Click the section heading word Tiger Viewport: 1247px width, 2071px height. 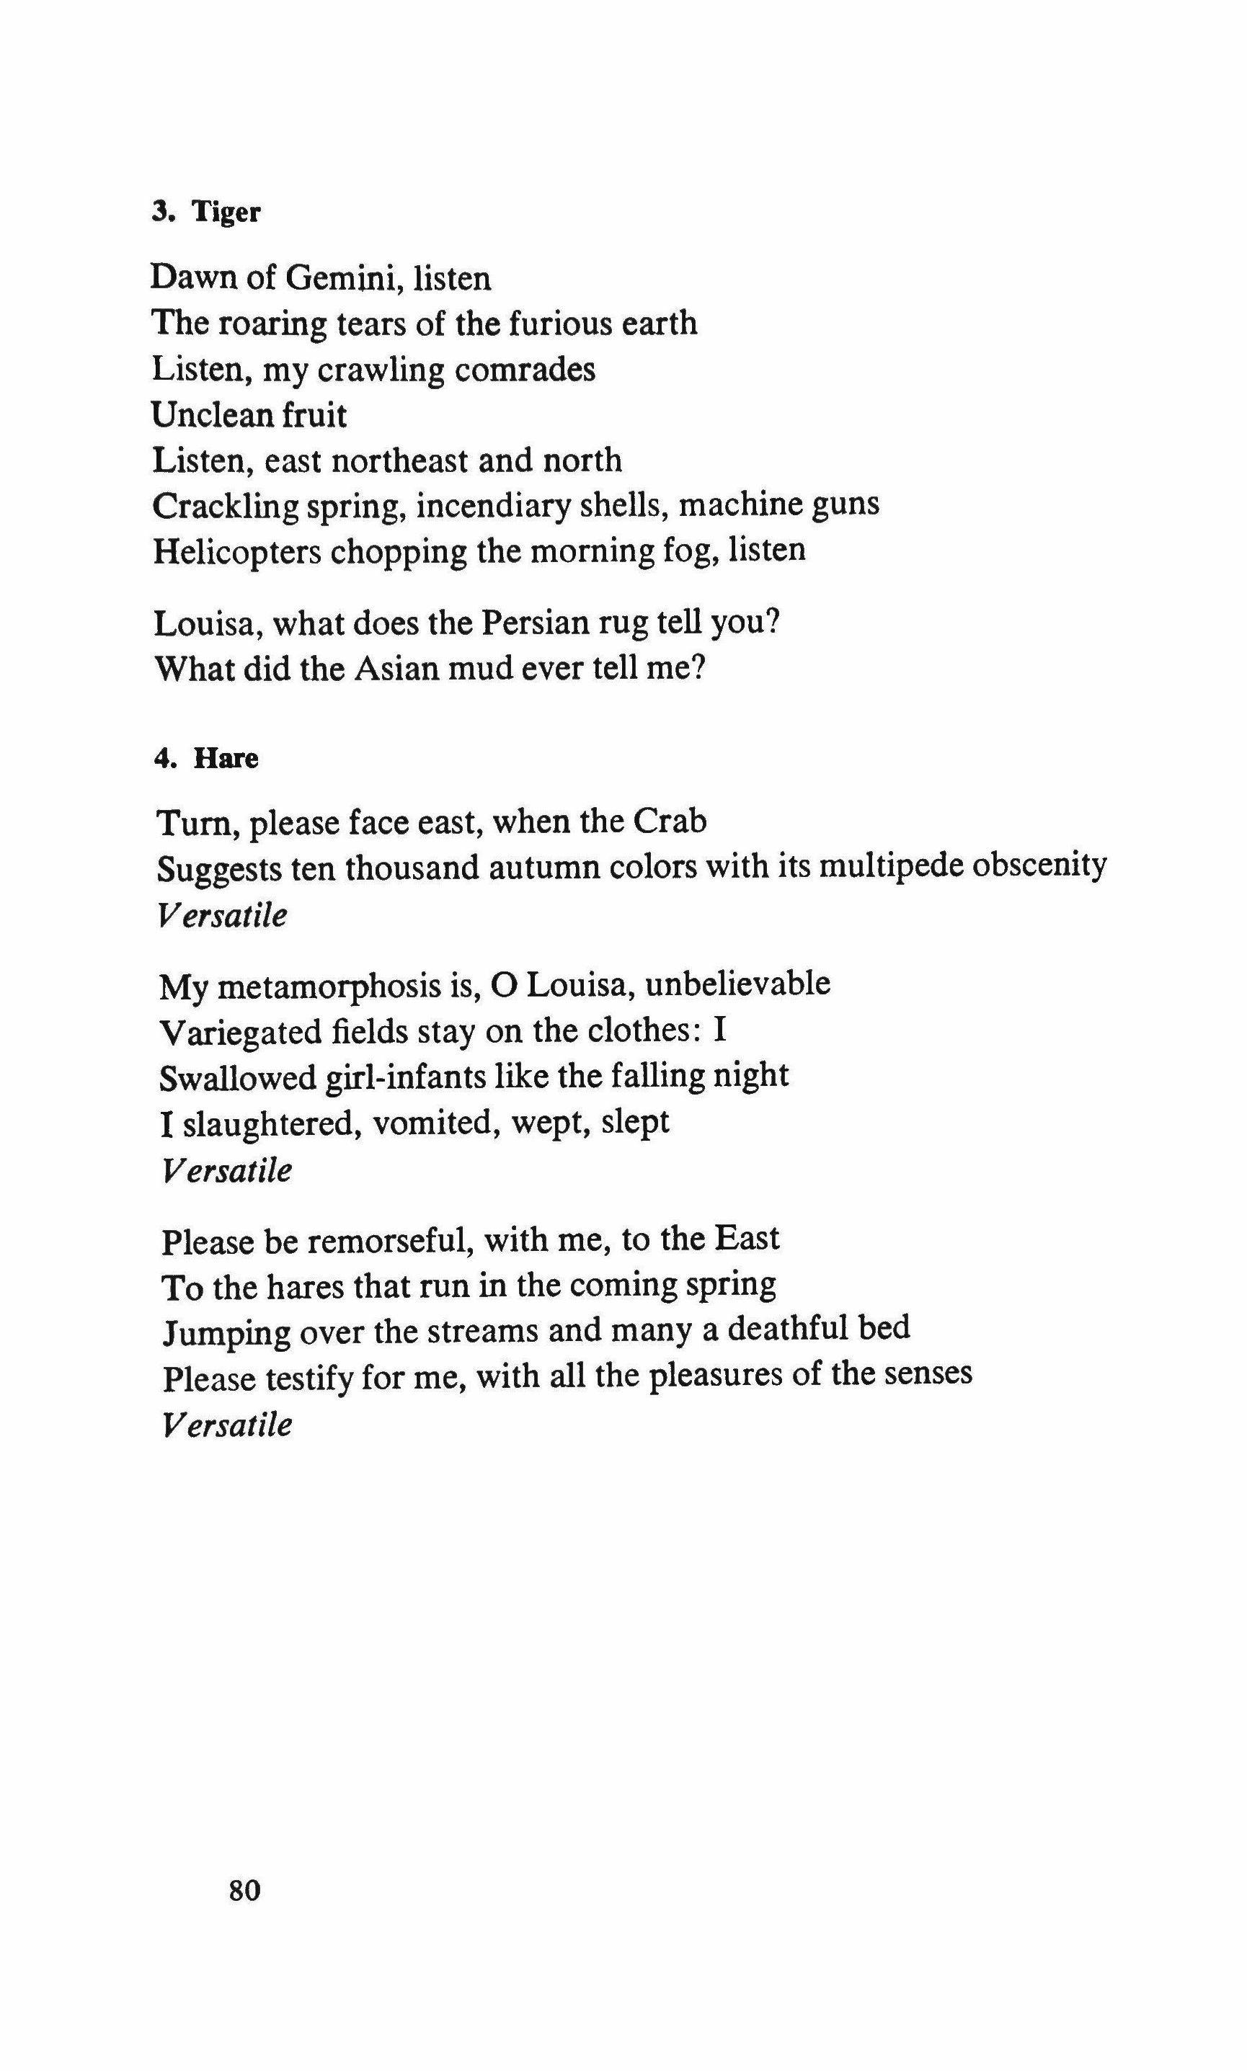pos(227,212)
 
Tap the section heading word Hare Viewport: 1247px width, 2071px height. pos(226,757)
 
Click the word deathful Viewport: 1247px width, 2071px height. pos(787,1329)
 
